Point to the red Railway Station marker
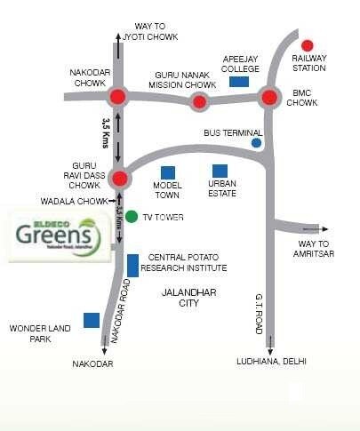(x=308, y=45)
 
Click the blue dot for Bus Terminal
(x=257, y=142)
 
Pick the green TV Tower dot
(x=132, y=216)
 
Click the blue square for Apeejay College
(x=238, y=82)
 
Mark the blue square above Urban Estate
(x=219, y=171)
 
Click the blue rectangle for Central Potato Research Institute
(x=132, y=264)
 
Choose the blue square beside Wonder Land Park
(x=91, y=320)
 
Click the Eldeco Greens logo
(x=59, y=235)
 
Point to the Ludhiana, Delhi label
(x=271, y=363)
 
